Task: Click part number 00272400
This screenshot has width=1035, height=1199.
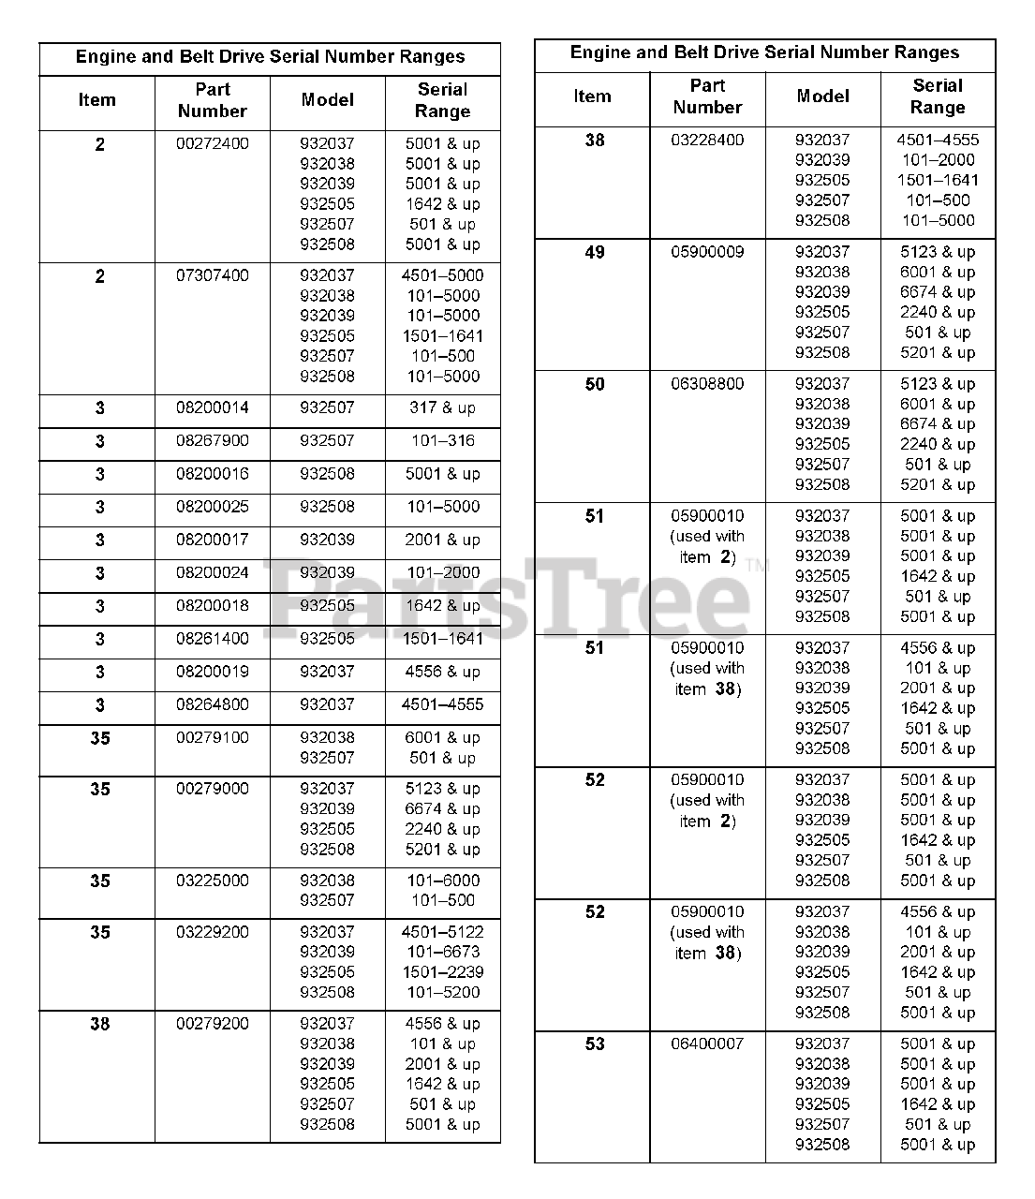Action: (213, 144)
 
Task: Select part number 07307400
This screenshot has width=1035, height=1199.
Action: (213, 275)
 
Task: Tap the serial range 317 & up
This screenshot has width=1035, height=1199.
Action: (442, 408)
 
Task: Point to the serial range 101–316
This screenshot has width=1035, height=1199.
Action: (442, 440)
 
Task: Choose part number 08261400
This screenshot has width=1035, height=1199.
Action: (213, 639)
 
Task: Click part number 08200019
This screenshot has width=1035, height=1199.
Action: (213, 672)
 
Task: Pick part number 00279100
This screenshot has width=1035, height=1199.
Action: (213, 738)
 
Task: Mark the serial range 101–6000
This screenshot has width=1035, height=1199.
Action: (442, 881)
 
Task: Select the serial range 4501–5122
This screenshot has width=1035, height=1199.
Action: (442, 932)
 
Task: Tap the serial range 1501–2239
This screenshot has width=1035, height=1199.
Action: (442, 972)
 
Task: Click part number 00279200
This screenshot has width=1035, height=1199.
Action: (213, 1024)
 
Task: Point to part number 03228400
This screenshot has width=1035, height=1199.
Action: (707, 141)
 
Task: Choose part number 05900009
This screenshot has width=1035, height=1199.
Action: (707, 252)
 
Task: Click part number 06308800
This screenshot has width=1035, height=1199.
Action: (707, 384)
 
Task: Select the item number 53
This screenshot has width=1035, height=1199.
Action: (595, 1044)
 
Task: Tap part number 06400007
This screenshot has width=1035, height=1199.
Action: (707, 1044)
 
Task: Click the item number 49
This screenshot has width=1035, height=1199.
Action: (595, 253)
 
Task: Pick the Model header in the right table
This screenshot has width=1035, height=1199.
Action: (822, 96)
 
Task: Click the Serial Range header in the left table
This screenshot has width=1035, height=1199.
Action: (442, 101)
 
